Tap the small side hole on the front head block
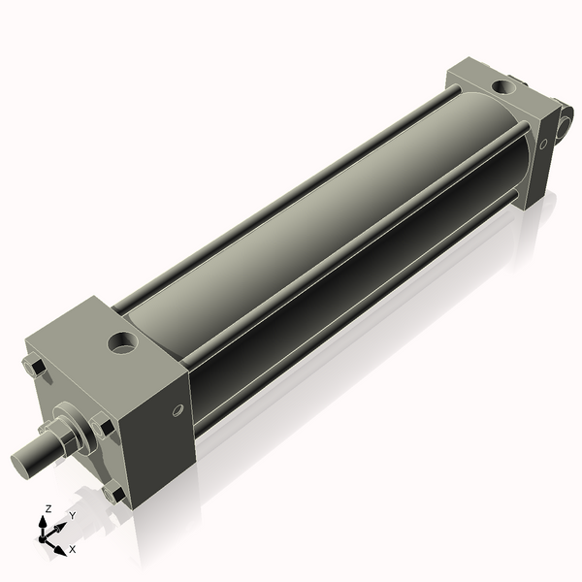point(178,410)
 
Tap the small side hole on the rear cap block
point(543,144)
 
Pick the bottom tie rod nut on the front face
point(114,495)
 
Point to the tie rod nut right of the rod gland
point(102,424)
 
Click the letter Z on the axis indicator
point(48,509)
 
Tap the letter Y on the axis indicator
point(72,516)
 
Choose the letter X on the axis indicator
point(73,549)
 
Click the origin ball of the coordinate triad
point(45,536)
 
